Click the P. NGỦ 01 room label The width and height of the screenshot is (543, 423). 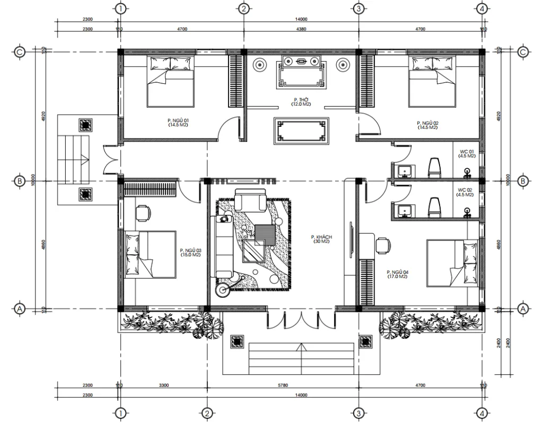(178, 123)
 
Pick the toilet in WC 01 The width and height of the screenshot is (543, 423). (434, 167)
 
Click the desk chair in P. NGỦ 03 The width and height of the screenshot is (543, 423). (142, 212)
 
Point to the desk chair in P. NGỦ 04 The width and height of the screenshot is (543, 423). (383, 245)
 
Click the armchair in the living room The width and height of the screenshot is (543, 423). (251, 202)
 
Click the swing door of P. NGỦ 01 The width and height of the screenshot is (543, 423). (226, 129)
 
